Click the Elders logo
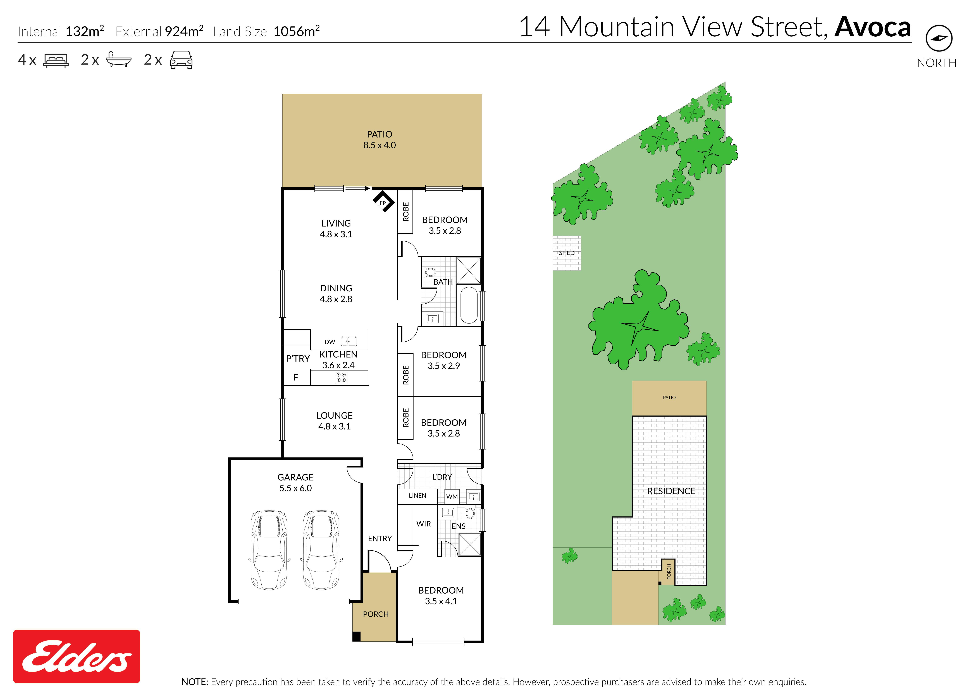tap(77, 656)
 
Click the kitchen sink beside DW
tap(349, 341)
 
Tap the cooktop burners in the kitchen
tap(341, 377)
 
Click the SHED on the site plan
tap(567, 253)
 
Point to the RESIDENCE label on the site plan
tap(671, 491)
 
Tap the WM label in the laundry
tap(452, 496)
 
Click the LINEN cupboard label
tap(417, 496)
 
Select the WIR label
tap(424, 524)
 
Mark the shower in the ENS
tap(469, 544)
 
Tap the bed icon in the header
tap(56, 60)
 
